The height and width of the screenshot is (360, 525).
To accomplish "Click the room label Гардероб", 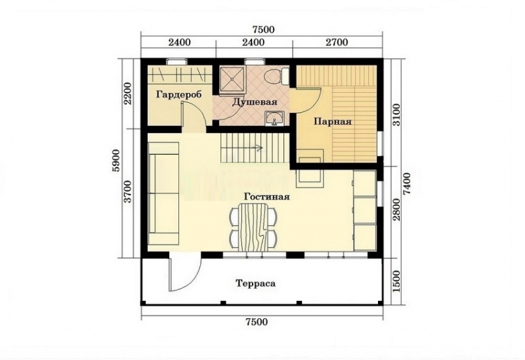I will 178,94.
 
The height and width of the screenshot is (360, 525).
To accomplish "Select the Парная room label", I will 333,121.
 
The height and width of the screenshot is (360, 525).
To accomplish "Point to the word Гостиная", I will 266,196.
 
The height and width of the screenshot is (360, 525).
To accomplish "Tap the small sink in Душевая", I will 274,119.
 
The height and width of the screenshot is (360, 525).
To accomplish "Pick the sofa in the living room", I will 163,195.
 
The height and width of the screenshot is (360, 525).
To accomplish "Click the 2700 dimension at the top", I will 336,43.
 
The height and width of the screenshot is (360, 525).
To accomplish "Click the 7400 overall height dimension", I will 408,180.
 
